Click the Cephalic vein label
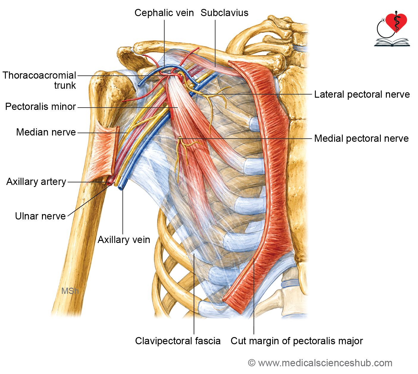point(164,13)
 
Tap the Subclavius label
point(225,13)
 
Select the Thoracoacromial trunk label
point(39,80)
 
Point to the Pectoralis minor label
point(41,107)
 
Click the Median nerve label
point(46,132)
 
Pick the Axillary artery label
point(36,182)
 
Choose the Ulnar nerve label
point(40,216)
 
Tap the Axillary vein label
point(124,240)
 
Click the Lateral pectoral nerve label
point(362,95)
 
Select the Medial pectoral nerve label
point(361,138)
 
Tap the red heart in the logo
point(396,22)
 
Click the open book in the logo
point(392,42)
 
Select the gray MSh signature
point(70,291)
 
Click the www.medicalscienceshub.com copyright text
point(320,363)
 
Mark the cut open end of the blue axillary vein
point(120,188)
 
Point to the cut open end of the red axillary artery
point(109,183)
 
